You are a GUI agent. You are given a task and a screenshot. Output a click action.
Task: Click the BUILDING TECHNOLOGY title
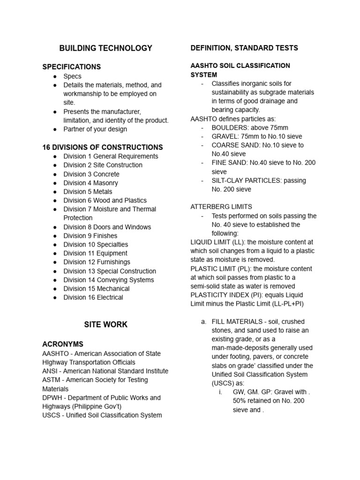pos(105,48)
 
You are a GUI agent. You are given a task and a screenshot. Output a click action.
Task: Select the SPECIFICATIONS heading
pos(71,67)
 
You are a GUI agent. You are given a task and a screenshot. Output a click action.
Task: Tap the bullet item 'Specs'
pos(72,76)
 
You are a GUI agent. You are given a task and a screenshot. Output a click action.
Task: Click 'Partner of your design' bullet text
pos(95,129)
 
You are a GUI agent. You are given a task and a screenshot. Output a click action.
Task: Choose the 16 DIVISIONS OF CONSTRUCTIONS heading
pos(103,147)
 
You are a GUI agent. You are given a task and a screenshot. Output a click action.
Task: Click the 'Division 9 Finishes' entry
pos(90,236)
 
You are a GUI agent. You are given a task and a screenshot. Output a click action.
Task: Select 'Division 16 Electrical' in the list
pos(93,297)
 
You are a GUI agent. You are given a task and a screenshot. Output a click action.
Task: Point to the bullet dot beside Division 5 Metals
pos(55,192)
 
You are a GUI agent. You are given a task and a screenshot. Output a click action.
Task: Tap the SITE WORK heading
pos(105,324)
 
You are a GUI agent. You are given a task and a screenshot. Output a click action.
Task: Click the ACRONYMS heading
pos(63,344)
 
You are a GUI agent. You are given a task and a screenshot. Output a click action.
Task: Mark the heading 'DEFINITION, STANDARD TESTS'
pos(244,48)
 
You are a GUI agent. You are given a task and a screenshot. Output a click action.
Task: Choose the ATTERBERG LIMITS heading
pos(221,207)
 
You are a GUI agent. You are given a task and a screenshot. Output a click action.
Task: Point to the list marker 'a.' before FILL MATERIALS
pos(203,322)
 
